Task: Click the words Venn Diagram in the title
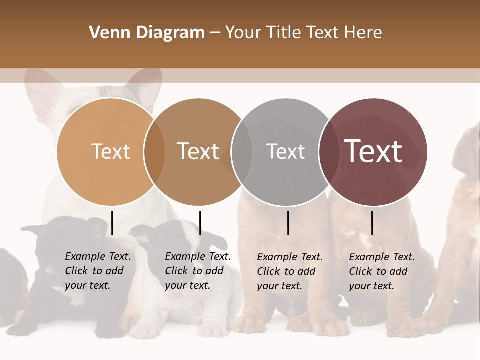(x=147, y=33)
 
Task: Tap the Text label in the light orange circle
(x=110, y=151)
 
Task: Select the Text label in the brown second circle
(x=198, y=151)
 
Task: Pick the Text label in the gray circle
(x=285, y=151)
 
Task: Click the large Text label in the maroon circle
(x=373, y=151)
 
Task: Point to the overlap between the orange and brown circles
(x=154, y=152)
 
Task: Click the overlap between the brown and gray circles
(x=242, y=152)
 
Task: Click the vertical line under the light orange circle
(x=112, y=223)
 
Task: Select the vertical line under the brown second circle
(x=200, y=223)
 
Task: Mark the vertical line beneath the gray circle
(x=288, y=223)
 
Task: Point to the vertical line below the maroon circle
(x=372, y=223)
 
